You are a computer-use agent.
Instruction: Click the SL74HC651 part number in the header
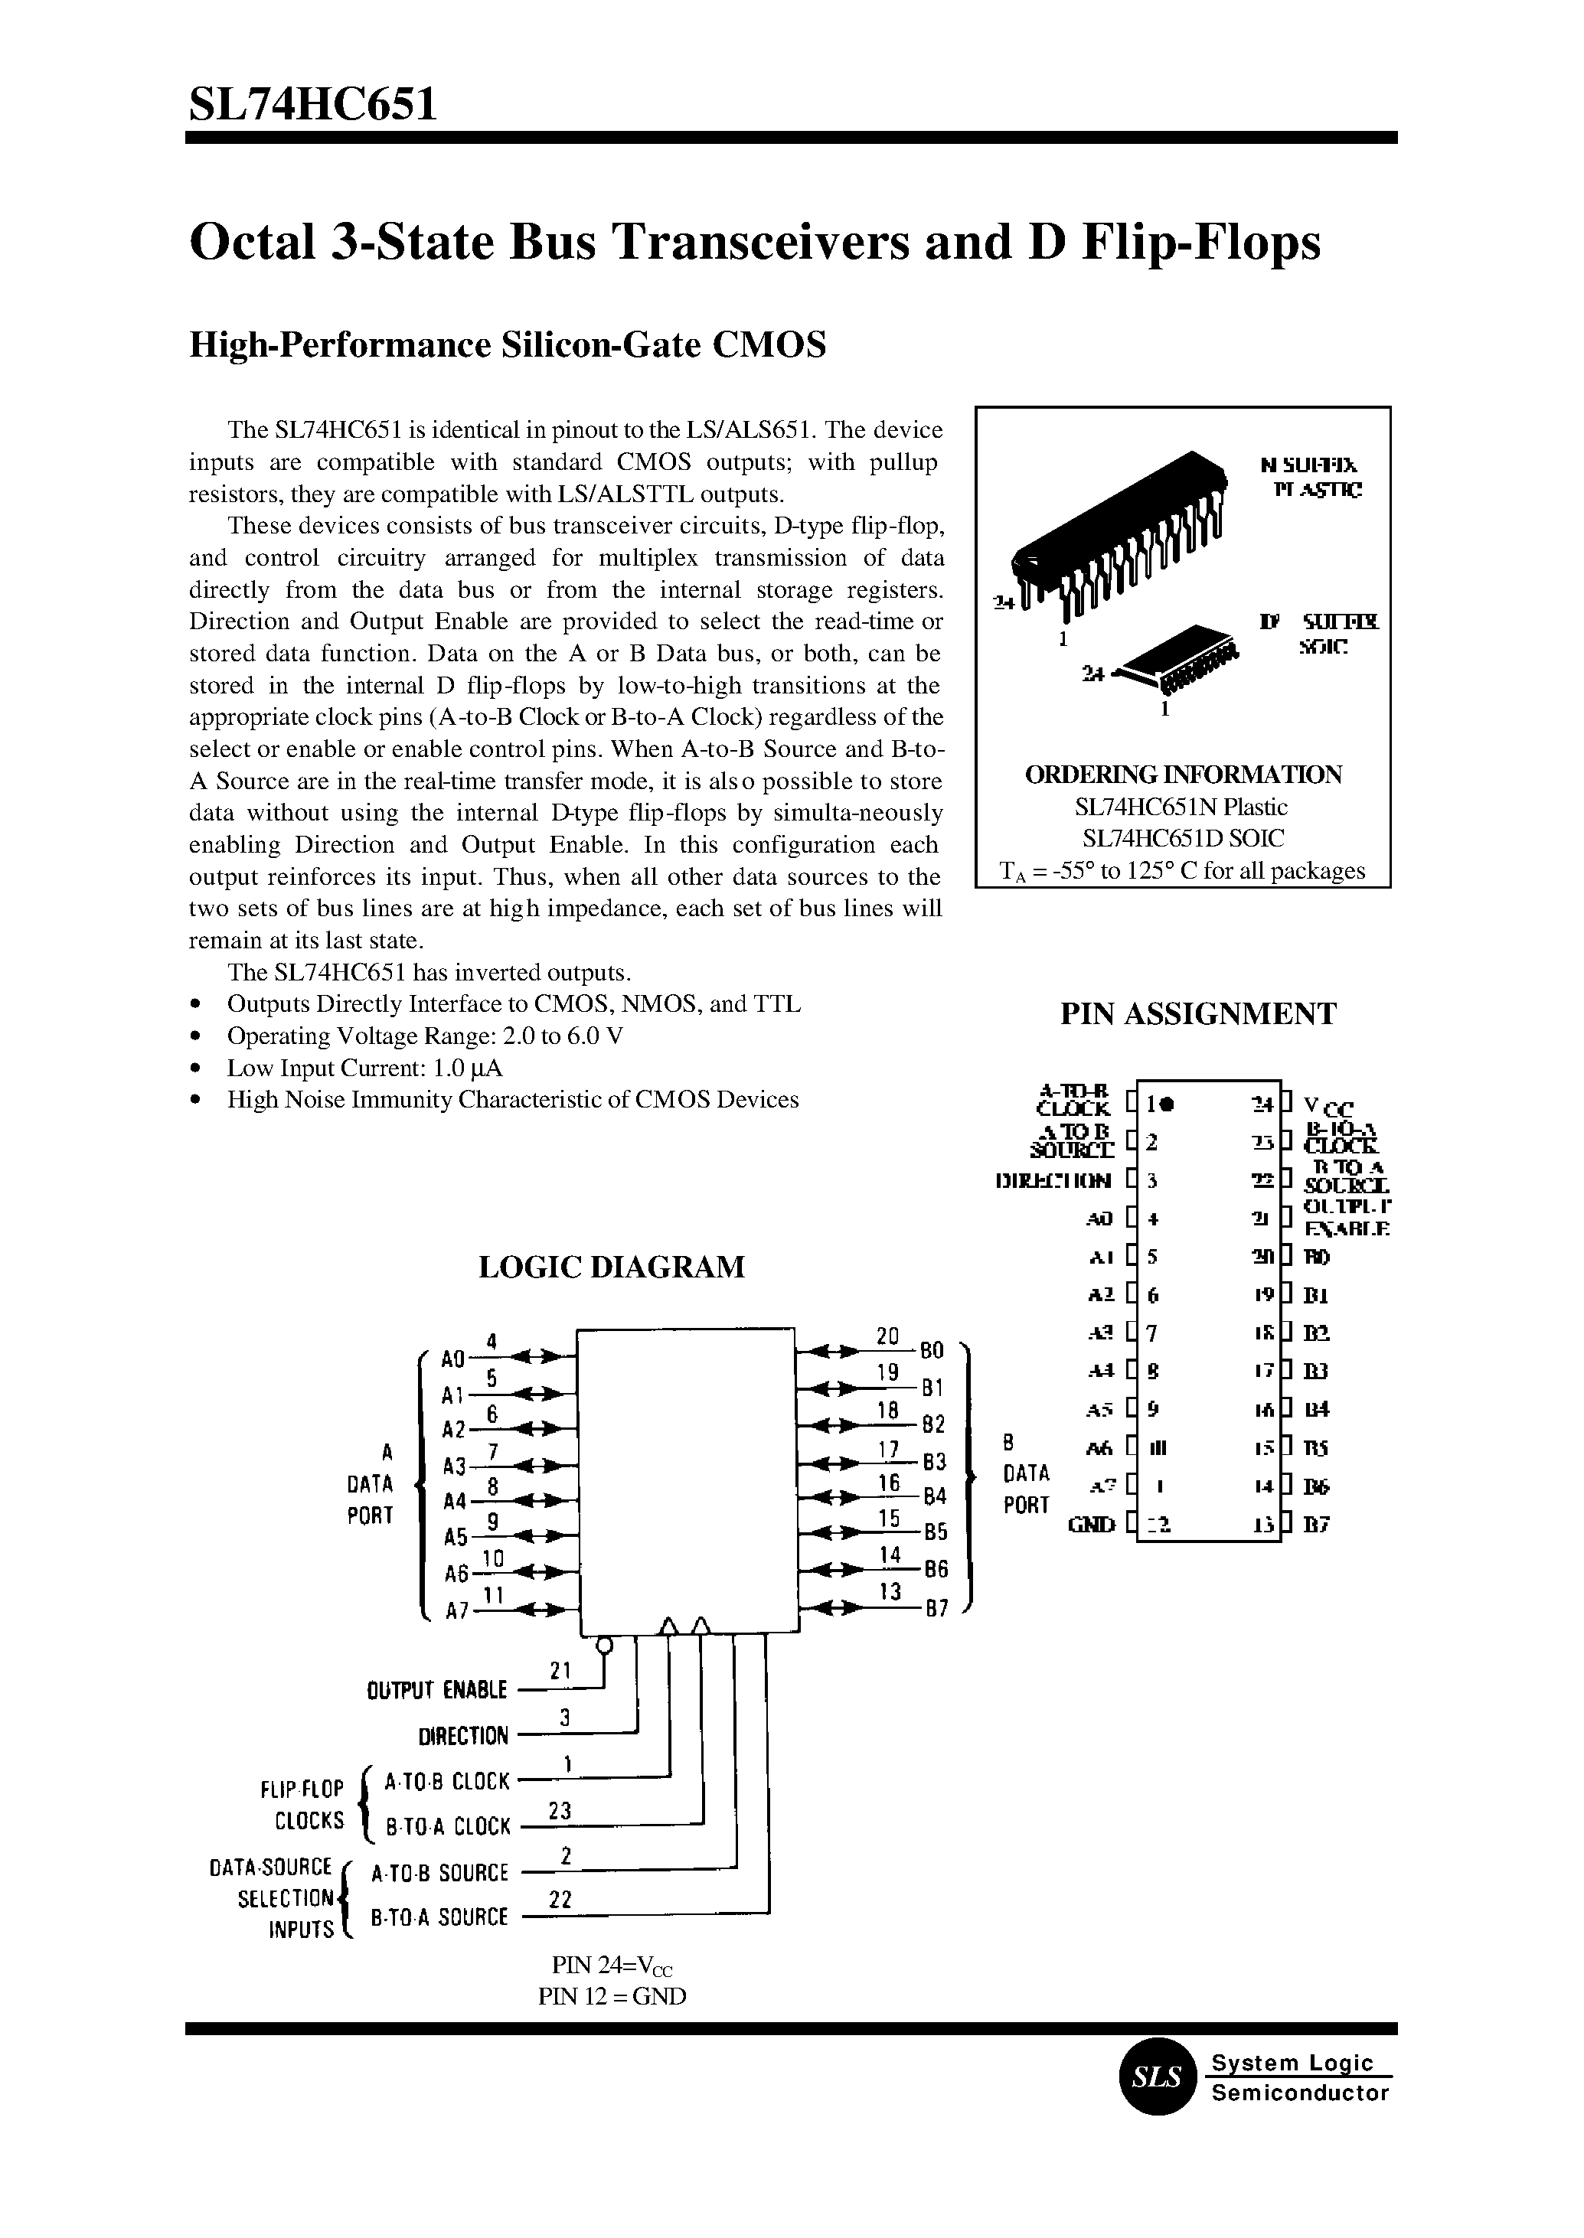312,103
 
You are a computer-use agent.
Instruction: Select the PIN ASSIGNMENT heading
1197,1014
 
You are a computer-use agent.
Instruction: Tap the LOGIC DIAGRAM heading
612,1267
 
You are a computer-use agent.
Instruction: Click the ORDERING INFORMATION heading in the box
1183,775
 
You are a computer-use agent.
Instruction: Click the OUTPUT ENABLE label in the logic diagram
437,1690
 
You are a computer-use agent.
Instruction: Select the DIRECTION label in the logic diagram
463,1736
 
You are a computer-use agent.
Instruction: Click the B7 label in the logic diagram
936,1610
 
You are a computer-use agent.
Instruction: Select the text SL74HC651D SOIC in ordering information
1183,839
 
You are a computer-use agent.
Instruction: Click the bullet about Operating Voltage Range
425,1036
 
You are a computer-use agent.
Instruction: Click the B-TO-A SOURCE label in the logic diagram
440,1917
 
